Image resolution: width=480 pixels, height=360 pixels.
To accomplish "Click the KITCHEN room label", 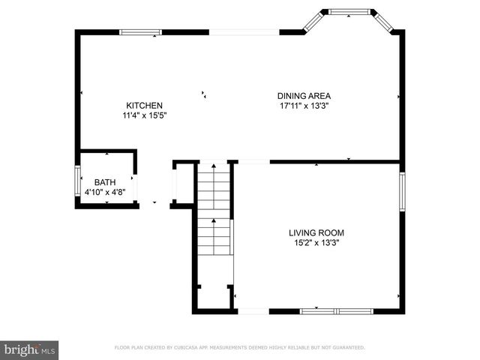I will pyautogui.click(x=144, y=106).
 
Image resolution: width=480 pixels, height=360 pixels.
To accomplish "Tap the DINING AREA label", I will pyautogui.click(x=304, y=96).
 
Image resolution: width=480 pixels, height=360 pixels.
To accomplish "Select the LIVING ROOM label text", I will pyautogui.click(x=316, y=232).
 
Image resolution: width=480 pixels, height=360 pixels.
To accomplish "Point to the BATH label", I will pyautogui.click(x=104, y=182).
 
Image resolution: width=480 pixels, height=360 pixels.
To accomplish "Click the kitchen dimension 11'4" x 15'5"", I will pyautogui.click(x=144, y=116).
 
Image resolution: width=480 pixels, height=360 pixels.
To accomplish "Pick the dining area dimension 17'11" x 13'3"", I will pyautogui.click(x=304, y=106).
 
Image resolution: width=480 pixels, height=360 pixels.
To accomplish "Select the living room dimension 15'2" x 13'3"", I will pyautogui.click(x=316, y=243).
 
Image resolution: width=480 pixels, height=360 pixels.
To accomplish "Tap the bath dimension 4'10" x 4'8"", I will pyautogui.click(x=104, y=193).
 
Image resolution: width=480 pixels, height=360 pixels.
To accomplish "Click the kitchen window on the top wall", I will pyautogui.click(x=141, y=32).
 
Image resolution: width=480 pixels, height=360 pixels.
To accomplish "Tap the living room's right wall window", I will pyautogui.click(x=402, y=191).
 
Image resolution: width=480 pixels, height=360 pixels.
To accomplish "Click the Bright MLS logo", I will pyautogui.click(x=30, y=349).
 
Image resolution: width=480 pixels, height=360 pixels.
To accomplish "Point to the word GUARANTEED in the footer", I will pyautogui.click(x=347, y=348).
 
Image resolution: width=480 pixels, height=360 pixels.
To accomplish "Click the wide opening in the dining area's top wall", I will pyautogui.click(x=244, y=32).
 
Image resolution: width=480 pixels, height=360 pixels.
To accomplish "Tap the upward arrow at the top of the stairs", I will pyautogui.click(x=213, y=166).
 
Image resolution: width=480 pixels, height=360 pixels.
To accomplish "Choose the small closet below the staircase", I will pyautogui.click(x=214, y=295).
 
